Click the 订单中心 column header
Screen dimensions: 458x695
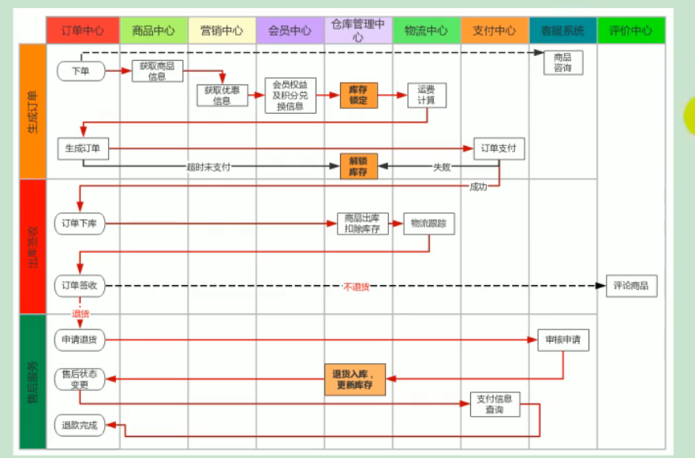tap(83, 31)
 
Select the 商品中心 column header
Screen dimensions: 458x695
tap(154, 31)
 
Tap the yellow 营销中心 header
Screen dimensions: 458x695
tap(222, 31)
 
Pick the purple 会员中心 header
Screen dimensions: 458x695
tap(290, 31)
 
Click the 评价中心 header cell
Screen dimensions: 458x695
tap(631, 31)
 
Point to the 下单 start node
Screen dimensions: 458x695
tap(80, 71)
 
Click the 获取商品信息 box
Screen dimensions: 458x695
tap(157, 70)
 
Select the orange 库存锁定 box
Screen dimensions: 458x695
tap(358, 95)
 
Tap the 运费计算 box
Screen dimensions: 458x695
tap(427, 95)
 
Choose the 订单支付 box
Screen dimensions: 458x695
tap(499, 148)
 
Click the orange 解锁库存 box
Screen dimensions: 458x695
tap(358, 166)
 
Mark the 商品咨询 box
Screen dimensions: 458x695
tap(562, 62)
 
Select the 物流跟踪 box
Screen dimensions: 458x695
tap(429, 223)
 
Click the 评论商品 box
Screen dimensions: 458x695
tap(631, 286)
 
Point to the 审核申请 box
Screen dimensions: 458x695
tap(563, 340)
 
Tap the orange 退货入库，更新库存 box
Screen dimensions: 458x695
tap(354, 380)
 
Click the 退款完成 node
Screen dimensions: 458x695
tap(80, 425)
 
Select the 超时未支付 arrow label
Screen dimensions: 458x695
tap(208, 167)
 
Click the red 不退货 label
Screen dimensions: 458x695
tap(356, 287)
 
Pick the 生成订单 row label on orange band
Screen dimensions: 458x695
tap(32, 111)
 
